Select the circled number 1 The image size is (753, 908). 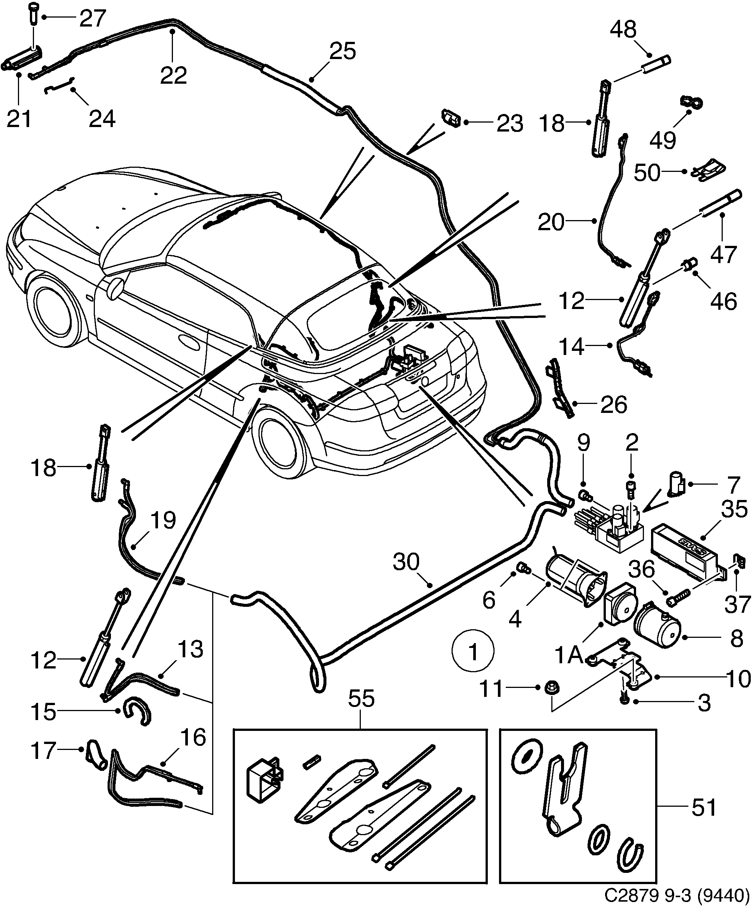pos(473,652)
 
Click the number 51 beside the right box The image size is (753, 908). pos(704,807)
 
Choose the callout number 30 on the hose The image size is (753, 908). pos(406,562)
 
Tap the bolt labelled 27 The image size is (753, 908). pos(34,15)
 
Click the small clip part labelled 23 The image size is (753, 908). pos(450,118)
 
